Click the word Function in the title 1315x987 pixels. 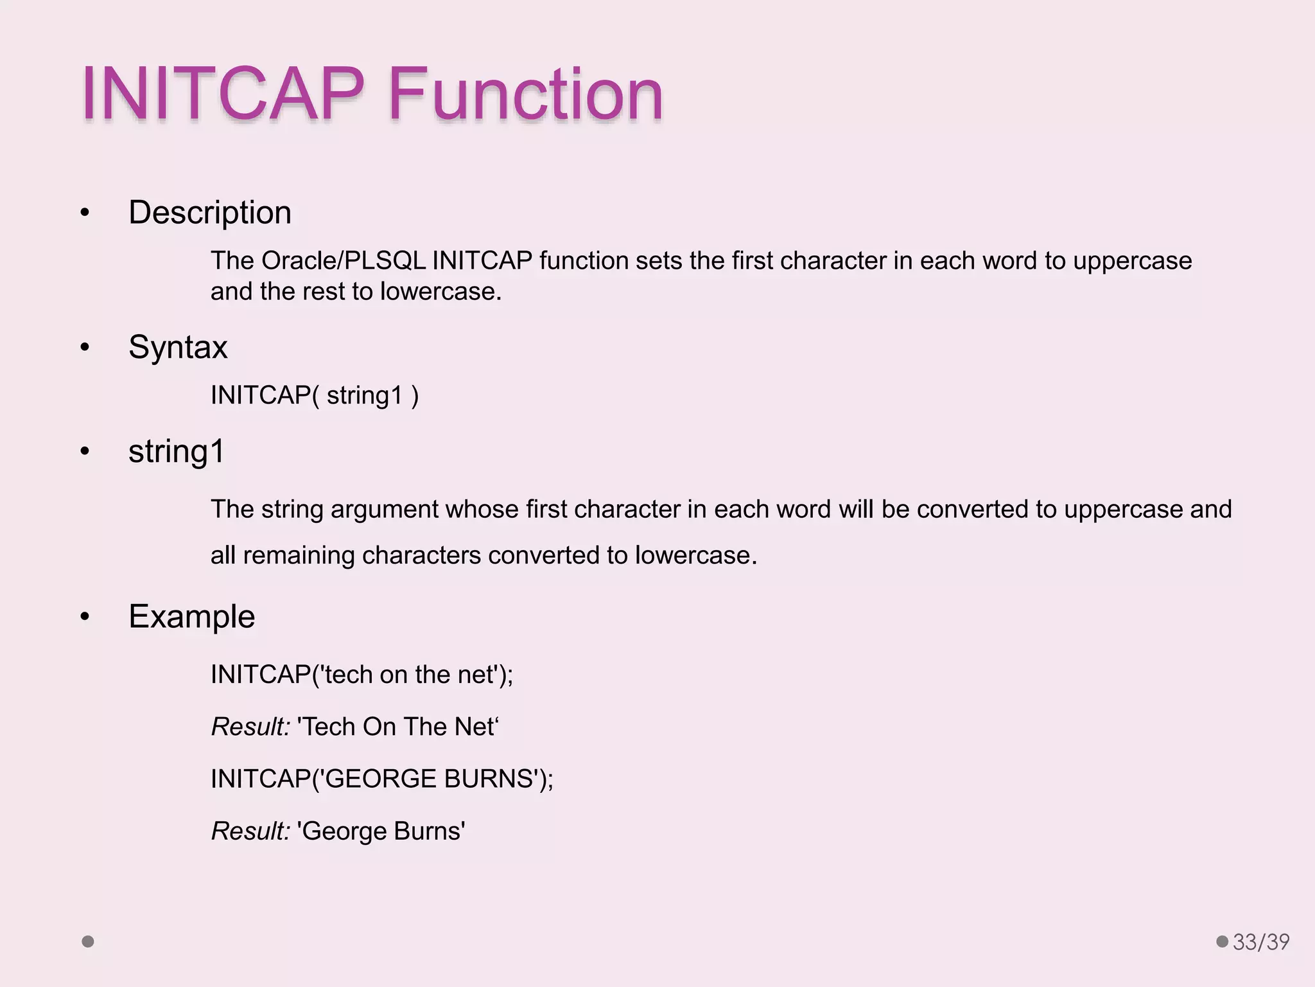(x=525, y=94)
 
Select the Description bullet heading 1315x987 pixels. (x=209, y=213)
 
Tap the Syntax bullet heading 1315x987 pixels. (x=178, y=348)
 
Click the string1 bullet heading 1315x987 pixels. (x=177, y=451)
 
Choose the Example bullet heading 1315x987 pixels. (x=191, y=617)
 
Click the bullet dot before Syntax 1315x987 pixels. (x=85, y=348)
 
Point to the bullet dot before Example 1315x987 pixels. (x=85, y=617)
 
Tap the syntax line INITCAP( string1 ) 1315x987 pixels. (x=315, y=395)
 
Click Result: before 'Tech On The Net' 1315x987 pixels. (x=250, y=727)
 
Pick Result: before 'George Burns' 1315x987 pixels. (x=250, y=831)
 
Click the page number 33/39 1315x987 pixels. (x=1260, y=942)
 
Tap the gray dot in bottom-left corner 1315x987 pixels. (x=88, y=941)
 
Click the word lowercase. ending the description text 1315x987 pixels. (x=440, y=292)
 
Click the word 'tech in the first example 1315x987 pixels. (x=347, y=675)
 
